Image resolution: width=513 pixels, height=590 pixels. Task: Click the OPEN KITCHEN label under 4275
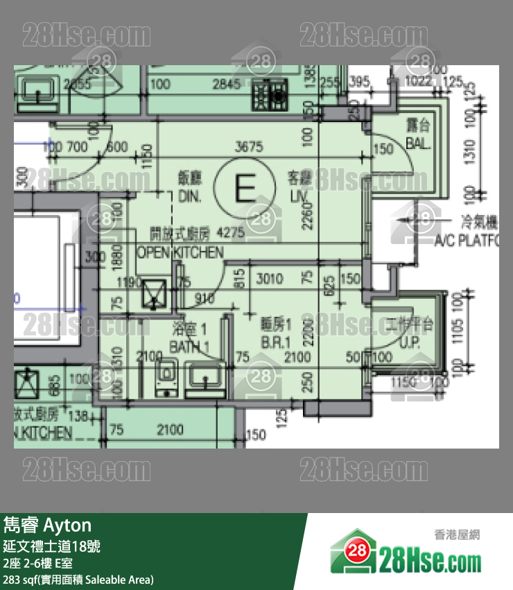180,252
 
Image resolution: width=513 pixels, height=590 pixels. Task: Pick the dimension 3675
250,147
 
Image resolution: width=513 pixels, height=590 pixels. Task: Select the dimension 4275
231,234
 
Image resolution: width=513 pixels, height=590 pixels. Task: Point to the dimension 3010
270,279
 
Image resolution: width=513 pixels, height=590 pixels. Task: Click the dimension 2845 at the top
226,85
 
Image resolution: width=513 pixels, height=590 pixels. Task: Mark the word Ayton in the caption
68,525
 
